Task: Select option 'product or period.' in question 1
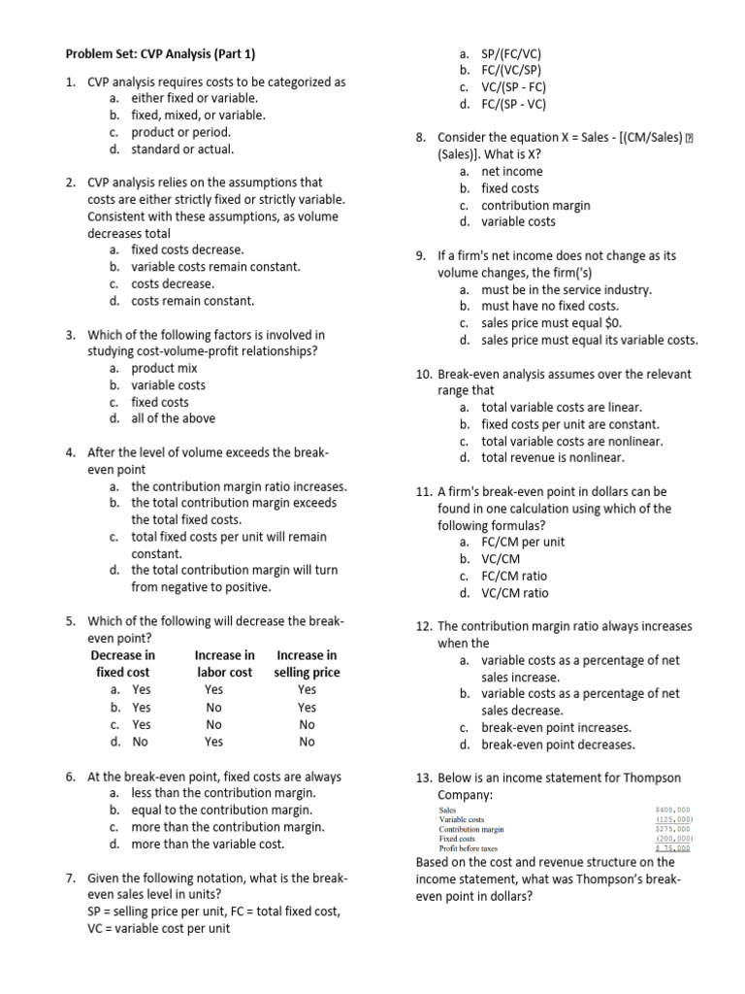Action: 180,132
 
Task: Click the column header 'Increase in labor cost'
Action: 224,664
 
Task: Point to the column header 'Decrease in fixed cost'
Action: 122,664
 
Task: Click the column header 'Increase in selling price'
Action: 307,664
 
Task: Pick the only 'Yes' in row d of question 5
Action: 214,742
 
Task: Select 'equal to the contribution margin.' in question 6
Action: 222,810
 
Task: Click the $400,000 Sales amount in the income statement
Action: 672,809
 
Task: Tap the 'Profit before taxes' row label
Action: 470,847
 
